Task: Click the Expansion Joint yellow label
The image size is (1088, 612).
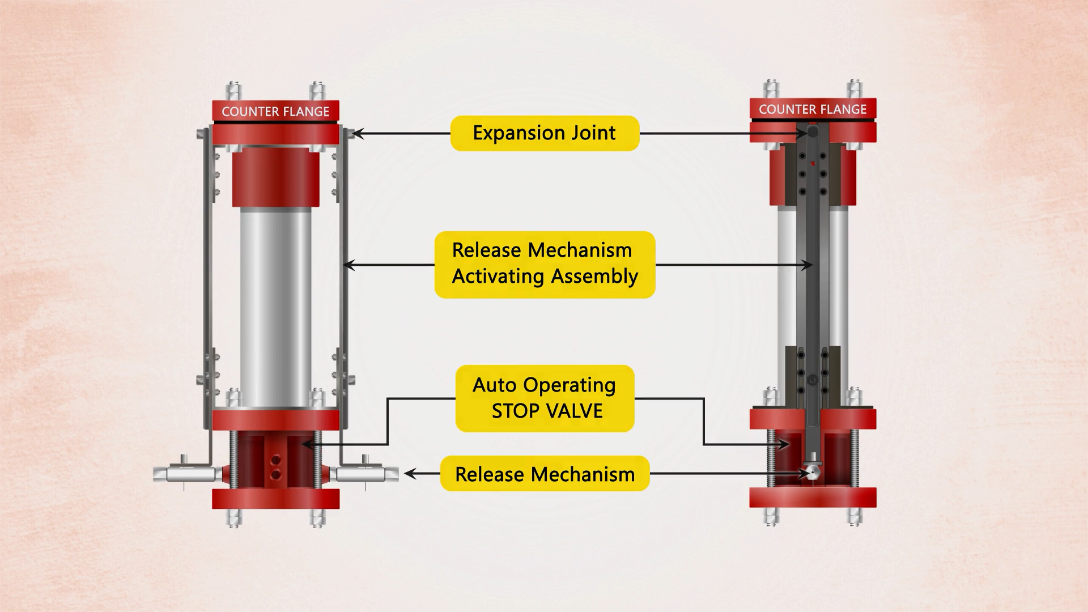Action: [x=545, y=133]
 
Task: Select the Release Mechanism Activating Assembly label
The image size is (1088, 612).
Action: [x=545, y=264]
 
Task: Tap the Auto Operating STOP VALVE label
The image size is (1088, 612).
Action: [x=545, y=398]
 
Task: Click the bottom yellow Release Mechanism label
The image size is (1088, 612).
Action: [x=545, y=474]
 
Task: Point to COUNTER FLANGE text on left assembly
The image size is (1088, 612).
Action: [x=275, y=112]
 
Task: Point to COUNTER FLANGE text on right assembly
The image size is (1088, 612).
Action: [x=813, y=109]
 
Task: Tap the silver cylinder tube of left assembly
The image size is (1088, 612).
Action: [x=275, y=306]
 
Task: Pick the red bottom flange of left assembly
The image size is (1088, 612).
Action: [x=275, y=499]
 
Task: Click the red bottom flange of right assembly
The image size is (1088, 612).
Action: [x=813, y=497]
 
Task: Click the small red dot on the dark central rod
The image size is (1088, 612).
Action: [x=813, y=164]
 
